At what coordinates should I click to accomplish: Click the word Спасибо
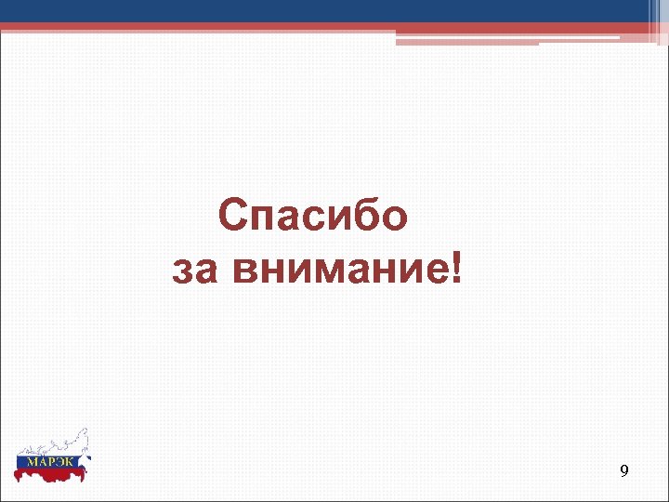click(314, 217)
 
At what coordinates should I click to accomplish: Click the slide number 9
click(623, 472)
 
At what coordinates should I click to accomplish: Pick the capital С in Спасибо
click(234, 217)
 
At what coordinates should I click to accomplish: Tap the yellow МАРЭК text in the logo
click(51, 460)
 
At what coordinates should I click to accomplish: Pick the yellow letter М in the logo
click(30, 460)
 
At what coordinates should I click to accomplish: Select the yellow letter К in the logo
click(73, 460)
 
